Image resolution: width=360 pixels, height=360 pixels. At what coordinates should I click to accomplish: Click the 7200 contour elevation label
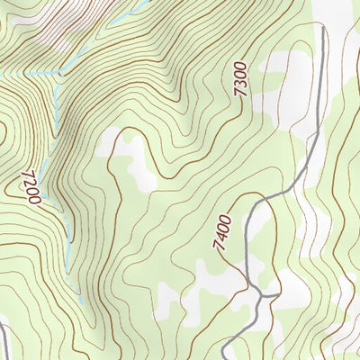pyautogui.click(x=29, y=186)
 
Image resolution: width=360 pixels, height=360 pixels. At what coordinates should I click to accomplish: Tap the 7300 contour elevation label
pyautogui.click(x=240, y=81)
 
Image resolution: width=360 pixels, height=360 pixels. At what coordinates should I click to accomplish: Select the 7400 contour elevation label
pyautogui.click(x=222, y=232)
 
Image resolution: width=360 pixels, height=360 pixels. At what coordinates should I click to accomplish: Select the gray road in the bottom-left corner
pyautogui.click(x=4, y=342)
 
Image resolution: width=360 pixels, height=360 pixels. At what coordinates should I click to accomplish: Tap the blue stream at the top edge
pyautogui.click(x=145, y=3)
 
